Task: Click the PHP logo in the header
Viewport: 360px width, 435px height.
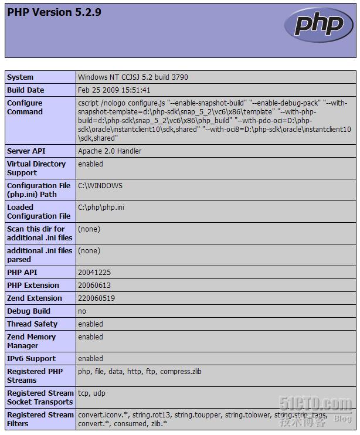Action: tap(318, 25)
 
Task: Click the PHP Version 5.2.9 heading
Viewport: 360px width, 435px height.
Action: tap(54, 12)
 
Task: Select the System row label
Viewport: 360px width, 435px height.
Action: tap(21, 77)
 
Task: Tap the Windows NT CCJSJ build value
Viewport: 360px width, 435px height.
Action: tap(133, 77)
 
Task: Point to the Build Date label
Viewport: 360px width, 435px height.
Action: tap(26, 90)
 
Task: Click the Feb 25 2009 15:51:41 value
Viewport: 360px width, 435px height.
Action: tap(114, 90)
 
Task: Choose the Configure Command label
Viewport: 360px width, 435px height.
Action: tap(25, 107)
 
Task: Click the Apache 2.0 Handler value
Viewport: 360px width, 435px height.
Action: tap(110, 151)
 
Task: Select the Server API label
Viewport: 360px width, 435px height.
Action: tap(26, 151)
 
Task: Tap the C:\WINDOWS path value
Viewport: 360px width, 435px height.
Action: tap(100, 186)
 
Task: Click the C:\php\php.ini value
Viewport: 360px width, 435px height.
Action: tap(101, 208)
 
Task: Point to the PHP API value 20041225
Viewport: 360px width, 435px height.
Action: tap(94, 273)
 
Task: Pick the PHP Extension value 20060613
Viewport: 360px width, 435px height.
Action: tap(94, 286)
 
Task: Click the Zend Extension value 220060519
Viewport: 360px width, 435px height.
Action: tap(96, 298)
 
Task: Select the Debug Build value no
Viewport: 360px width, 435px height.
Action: tap(82, 311)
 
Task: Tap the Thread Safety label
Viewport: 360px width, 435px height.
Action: tap(32, 324)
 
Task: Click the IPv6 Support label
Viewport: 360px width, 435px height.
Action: tap(32, 359)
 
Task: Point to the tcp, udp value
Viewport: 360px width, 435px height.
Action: tap(92, 393)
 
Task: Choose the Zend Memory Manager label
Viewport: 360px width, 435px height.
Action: tap(32, 341)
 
